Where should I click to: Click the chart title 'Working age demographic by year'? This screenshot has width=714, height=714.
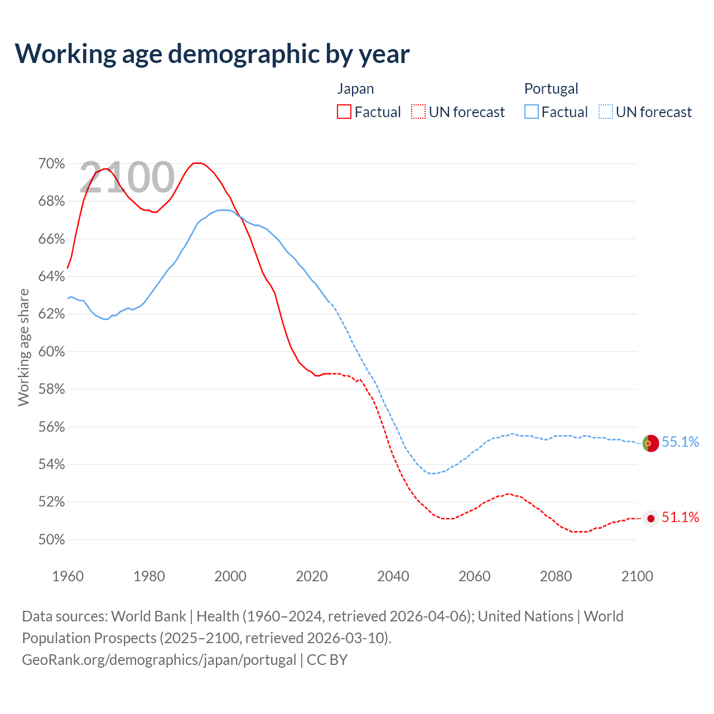212,54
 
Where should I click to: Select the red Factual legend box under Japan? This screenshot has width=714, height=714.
344,112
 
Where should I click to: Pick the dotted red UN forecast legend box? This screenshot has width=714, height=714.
418,112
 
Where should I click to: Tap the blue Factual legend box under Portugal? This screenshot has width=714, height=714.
532,112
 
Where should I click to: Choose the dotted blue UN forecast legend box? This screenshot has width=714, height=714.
606,112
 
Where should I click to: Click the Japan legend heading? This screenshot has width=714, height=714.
355,89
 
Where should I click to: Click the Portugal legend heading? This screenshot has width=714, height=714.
551,89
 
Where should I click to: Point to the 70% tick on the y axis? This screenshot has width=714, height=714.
51,163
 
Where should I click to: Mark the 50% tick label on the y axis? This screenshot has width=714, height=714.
51,539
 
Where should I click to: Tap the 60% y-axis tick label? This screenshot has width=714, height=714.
51,351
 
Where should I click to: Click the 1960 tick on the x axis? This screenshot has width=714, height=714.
67,576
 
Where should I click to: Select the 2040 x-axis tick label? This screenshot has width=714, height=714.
393,576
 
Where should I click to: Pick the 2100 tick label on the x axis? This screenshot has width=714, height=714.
637,576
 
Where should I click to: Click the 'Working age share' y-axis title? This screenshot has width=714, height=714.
24,347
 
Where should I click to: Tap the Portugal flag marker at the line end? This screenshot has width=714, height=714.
650,443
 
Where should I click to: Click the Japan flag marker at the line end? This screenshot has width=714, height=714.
650,518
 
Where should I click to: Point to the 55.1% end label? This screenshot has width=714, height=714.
681,442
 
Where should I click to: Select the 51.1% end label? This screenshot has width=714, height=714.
681,517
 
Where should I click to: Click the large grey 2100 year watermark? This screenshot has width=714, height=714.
127,177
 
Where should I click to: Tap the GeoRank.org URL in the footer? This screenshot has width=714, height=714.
159,659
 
